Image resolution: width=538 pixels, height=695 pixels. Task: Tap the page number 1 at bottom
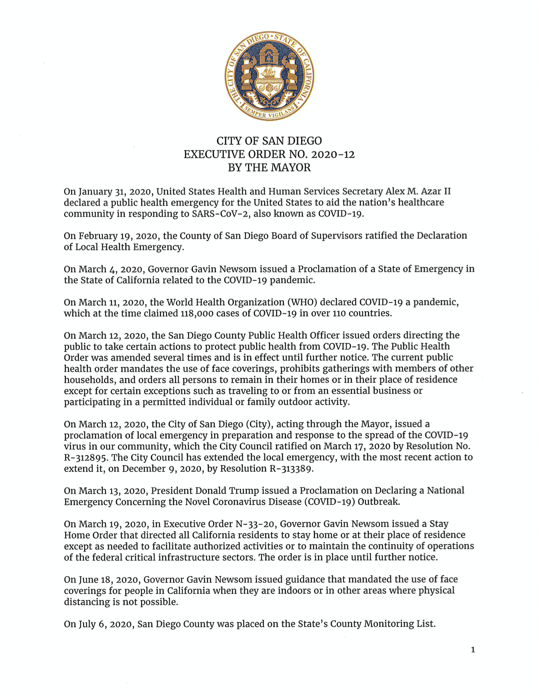pos(473,650)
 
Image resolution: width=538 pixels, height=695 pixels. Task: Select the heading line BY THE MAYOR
pos(269,167)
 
